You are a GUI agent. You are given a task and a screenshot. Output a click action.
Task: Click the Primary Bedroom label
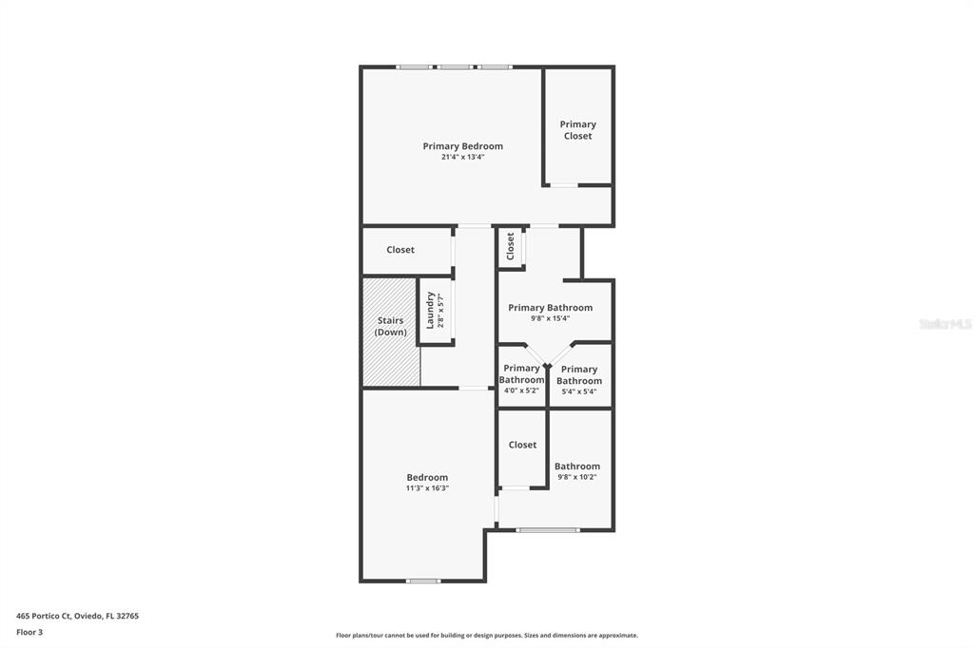tap(463, 146)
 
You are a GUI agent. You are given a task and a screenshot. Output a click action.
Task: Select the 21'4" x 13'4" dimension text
tap(463, 157)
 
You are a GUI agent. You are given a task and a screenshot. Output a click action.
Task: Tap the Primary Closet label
tap(577, 130)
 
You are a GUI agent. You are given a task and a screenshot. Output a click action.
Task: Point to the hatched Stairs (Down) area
tap(391, 332)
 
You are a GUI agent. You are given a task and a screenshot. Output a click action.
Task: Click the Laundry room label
tap(430, 311)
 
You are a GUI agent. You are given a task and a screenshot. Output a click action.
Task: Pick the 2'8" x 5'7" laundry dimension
tap(441, 311)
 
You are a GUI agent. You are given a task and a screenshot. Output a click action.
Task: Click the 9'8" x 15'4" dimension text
tap(550, 318)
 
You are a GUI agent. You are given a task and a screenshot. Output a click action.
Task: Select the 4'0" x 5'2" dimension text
tap(521, 391)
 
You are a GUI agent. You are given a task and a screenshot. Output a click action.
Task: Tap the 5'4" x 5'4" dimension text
tap(579, 391)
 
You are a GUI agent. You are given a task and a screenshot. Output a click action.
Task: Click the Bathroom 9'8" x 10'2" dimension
tap(577, 477)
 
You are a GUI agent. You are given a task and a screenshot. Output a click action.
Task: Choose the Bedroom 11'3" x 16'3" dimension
tap(427, 488)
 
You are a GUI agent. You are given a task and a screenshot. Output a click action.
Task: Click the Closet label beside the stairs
tap(400, 250)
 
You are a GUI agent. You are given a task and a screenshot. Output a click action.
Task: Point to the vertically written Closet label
tap(511, 246)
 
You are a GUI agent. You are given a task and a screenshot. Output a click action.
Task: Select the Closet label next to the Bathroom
tap(522, 445)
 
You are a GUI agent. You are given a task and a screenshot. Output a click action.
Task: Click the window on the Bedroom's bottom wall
tap(423, 581)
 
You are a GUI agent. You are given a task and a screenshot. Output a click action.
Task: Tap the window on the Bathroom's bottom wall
tap(547, 530)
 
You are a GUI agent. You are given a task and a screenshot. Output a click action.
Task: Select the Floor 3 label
tap(29, 633)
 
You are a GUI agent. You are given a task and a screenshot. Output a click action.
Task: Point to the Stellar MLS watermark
tap(945, 324)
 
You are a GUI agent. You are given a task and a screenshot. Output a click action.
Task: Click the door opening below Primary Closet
tap(564, 185)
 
